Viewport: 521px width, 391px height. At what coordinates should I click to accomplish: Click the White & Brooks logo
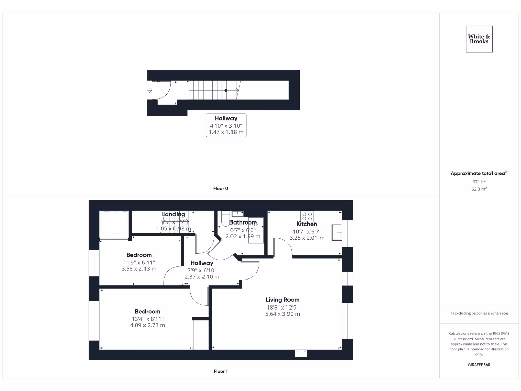pos(479,39)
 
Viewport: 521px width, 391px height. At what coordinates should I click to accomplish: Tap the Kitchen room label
pos(307,224)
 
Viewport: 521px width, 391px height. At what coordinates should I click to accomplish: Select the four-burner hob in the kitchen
pos(307,215)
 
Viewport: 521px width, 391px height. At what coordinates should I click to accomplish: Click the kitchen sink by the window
pos(337,232)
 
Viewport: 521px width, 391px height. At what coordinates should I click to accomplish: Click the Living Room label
pos(282,300)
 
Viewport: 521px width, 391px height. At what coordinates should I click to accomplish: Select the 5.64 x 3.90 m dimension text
pos(282,314)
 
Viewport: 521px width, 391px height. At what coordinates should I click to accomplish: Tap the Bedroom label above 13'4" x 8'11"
pos(148,311)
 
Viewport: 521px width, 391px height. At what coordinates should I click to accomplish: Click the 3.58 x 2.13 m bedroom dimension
pos(139,269)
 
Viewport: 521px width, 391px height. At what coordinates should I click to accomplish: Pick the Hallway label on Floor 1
pos(202,263)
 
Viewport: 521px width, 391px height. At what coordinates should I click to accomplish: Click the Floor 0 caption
pos(221,188)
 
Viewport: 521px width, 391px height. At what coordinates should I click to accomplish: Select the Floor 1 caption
pos(221,371)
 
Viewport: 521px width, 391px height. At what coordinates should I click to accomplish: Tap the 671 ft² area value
pos(479,181)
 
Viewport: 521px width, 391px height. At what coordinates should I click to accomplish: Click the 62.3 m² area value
pos(479,189)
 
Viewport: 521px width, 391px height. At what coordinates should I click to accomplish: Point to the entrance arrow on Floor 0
pos(150,90)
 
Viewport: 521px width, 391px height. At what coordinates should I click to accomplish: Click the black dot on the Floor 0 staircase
pos(226,90)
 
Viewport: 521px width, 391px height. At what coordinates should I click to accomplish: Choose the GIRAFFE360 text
pos(479,365)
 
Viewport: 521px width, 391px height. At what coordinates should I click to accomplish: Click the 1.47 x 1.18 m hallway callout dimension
pos(226,132)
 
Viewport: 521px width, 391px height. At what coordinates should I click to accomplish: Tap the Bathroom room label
pos(243,222)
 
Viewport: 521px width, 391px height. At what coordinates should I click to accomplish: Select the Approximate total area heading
pos(478,173)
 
